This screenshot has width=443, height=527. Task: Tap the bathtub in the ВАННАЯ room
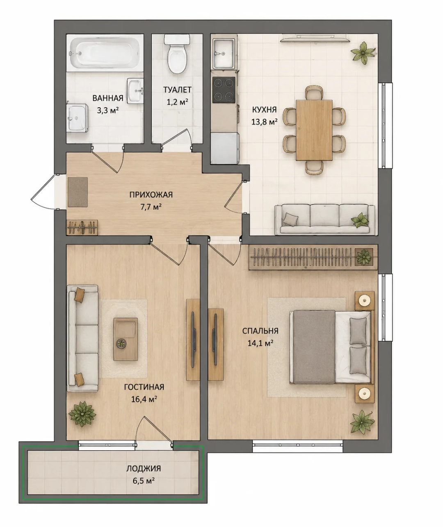coord(105,53)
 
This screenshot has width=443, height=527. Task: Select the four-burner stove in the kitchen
coord(224,90)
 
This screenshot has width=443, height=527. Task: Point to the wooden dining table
coord(314,130)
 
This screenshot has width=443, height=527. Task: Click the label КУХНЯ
coord(265,110)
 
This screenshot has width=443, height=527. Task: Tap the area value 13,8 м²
coord(265,122)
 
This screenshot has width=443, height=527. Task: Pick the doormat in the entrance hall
coord(78,192)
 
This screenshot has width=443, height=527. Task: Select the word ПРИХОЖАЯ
coord(151,195)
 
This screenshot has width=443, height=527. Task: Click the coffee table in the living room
coord(126,339)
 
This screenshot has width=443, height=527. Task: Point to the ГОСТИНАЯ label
coord(144,387)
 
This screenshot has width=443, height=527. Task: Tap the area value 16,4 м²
coord(144,399)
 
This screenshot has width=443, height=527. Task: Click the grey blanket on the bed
coord(314,347)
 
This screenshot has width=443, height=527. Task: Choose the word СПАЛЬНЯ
coord(260,331)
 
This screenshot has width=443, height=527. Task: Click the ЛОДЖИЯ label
coord(144,468)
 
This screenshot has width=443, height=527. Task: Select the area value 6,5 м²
coord(144,481)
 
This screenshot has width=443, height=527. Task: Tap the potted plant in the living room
coord(82,414)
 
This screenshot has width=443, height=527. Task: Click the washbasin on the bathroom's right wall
coord(135,91)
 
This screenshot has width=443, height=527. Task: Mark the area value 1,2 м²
coord(177,102)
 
